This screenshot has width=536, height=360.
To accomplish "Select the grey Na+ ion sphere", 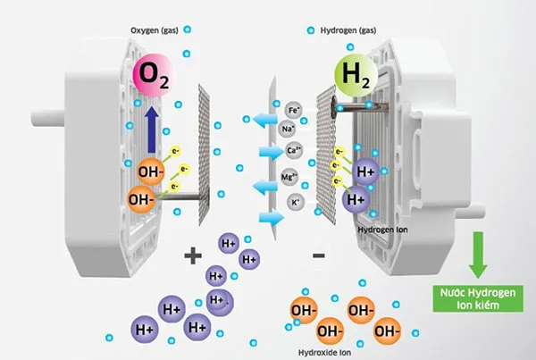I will click(x=289, y=130).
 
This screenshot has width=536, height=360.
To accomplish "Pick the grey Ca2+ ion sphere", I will click(x=292, y=151).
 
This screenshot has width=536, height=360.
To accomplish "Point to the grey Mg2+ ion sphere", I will click(x=289, y=176).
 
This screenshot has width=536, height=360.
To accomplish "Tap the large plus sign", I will click(x=192, y=256).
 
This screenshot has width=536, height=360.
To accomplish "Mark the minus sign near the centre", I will click(x=319, y=256).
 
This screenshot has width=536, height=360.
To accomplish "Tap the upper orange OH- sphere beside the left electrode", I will click(x=149, y=168).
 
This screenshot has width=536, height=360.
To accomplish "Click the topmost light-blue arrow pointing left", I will click(x=262, y=118).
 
